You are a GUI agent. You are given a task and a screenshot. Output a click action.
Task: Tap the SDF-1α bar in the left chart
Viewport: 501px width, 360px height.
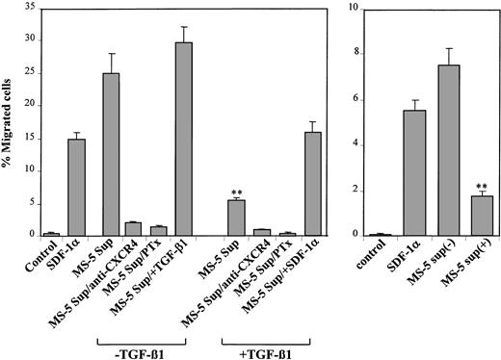[77, 188]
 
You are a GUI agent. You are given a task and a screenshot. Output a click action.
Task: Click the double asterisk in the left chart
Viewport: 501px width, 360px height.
[236, 190]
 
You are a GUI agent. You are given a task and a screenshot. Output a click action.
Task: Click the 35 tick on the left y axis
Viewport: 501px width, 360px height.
[29, 8]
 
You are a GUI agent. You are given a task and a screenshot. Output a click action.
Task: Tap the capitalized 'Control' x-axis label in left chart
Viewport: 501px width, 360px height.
[41, 256]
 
